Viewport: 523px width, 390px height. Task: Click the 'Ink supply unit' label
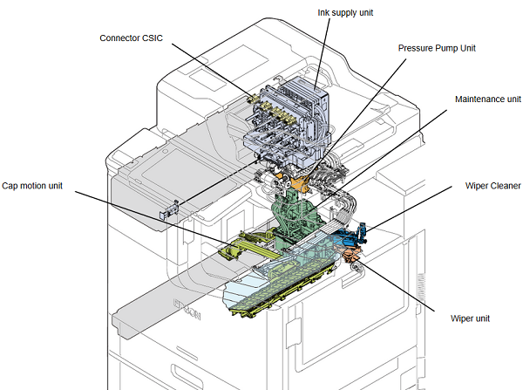click(x=345, y=13)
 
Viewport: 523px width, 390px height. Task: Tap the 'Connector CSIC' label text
click(x=131, y=38)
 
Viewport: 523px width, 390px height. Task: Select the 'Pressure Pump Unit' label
click(x=437, y=48)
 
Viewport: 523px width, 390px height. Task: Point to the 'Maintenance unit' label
click(x=487, y=99)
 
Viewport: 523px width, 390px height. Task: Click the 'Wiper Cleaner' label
click(x=492, y=186)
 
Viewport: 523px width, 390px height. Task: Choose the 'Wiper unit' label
click(x=470, y=318)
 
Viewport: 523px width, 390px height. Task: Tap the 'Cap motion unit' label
click(x=32, y=186)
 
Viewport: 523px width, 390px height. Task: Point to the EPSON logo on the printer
click(x=187, y=309)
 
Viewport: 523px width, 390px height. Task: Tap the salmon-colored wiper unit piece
click(x=350, y=254)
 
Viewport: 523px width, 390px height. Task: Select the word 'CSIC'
click(x=153, y=38)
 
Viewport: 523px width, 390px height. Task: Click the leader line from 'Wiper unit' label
click(x=397, y=287)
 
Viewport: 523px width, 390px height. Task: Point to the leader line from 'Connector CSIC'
click(x=213, y=70)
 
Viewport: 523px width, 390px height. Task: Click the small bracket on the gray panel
click(x=169, y=209)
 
